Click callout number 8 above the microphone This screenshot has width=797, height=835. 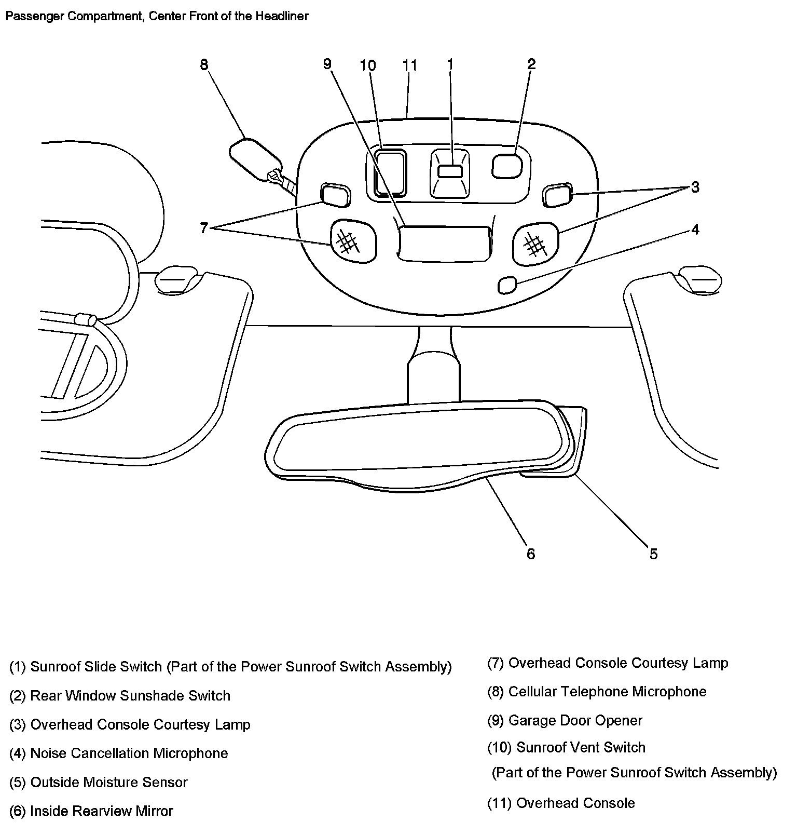click(x=204, y=65)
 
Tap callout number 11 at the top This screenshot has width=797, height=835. click(x=410, y=66)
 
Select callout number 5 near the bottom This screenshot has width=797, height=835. click(x=653, y=554)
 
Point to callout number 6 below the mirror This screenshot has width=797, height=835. click(x=530, y=554)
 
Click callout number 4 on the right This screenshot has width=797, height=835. click(x=695, y=230)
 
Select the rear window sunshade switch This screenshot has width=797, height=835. click(x=506, y=166)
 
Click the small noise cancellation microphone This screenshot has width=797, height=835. click(x=507, y=285)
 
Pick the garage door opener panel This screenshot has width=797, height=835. click(x=444, y=243)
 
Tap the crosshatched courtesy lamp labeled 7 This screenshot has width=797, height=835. click(x=352, y=241)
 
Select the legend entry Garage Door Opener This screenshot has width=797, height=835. click(x=575, y=721)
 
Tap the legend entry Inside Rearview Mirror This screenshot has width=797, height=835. click(x=102, y=811)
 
